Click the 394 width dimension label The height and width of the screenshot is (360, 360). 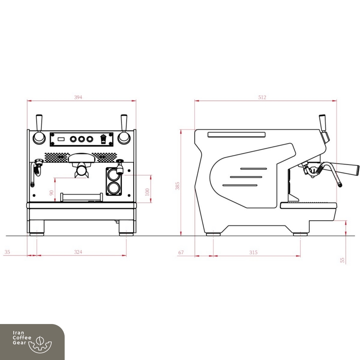tap(78, 97)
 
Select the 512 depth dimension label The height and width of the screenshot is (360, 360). tap(262, 97)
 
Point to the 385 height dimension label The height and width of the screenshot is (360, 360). tap(177, 186)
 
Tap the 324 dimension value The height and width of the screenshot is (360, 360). tap(78, 252)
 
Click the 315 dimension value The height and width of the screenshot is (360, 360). tap(253, 252)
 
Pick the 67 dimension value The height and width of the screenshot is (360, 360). tap(181, 252)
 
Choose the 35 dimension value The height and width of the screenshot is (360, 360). tap(7, 252)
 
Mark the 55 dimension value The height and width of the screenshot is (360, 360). tap(342, 260)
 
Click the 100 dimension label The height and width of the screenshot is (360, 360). tap(147, 192)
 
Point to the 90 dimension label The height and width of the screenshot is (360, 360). tap(51, 193)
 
